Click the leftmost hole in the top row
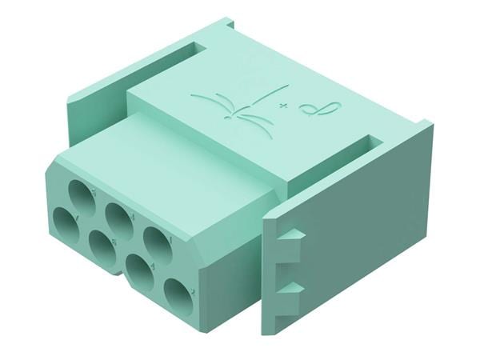[81, 194]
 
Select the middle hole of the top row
[119, 218]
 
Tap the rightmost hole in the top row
[158, 242]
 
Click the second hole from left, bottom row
[102, 245]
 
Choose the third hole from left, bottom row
[140, 270]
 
